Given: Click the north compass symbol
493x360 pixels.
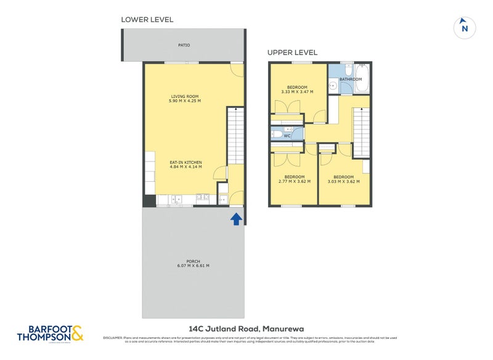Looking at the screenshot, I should tap(465, 27).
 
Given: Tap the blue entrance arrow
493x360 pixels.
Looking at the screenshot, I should tap(235, 219).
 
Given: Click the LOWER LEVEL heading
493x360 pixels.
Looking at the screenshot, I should tap(147, 20).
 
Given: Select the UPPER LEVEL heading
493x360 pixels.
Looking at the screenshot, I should tap(292, 52).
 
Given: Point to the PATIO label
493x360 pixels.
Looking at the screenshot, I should tap(184, 45).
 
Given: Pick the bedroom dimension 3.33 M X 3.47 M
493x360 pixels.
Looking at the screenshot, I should tap(297, 92).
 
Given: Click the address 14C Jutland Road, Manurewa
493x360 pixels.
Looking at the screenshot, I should tap(246, 329).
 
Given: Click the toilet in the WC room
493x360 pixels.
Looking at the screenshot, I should tap(277, 134).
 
